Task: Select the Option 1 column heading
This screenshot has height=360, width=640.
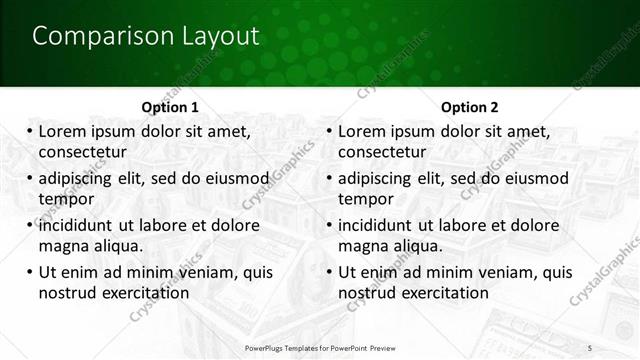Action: click(x=171, y=107)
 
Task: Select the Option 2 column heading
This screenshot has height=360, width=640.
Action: click(x=470, y=107)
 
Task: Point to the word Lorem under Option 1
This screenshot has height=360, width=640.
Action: click(x=63, y=131)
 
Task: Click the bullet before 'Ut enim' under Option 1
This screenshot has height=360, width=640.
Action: click(x=28, y=272)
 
